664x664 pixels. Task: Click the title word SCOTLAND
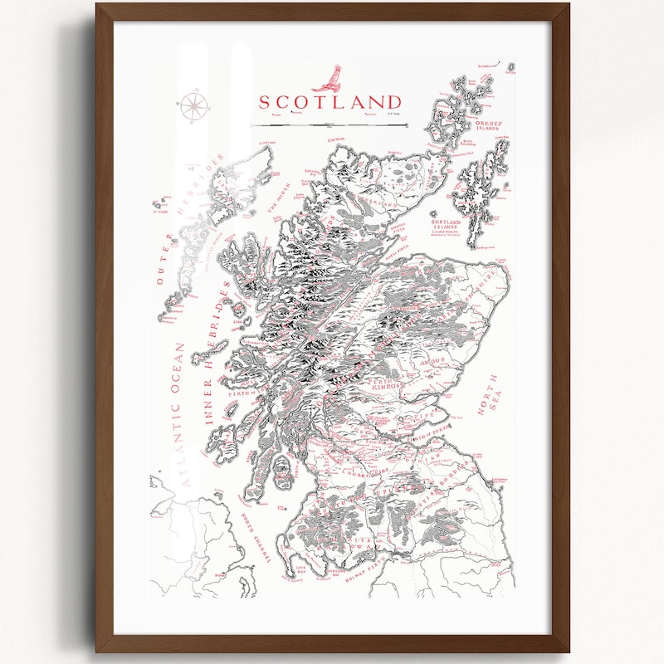(x=330, y=102)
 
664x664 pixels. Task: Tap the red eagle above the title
(x=328, y=77)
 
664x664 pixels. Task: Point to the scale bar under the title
(x=330, y=125)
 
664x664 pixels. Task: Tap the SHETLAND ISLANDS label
(x=445, y=226)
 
